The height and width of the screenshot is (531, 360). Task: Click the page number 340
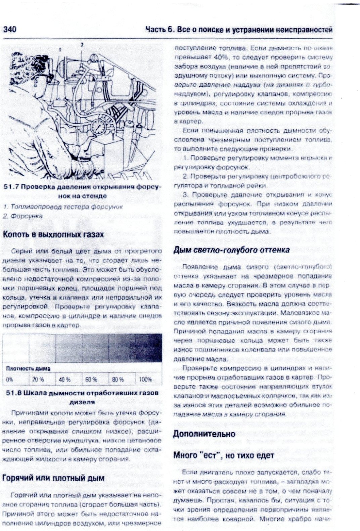(10, 30)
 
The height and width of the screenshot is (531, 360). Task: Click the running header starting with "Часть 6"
(239, 30)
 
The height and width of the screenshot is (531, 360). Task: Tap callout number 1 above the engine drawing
(60, 49)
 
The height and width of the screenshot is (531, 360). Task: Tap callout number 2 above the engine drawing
(82, 44)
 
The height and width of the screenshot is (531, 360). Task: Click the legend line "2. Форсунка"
(22, 216)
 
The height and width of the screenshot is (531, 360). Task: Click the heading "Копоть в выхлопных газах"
(53, 234)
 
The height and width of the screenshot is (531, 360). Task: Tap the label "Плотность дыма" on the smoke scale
(28, 368)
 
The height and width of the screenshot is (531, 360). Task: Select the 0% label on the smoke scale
(9, 380)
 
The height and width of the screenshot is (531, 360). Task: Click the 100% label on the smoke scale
(145, 380)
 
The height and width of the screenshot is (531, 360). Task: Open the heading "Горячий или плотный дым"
(53, 478)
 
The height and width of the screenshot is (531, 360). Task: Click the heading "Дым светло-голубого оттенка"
(231, 250)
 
